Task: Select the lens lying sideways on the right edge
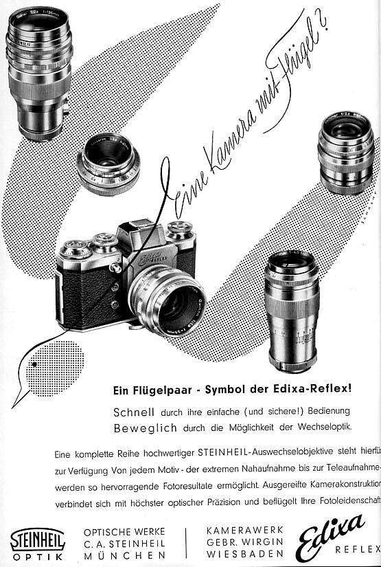[x=346, y=155]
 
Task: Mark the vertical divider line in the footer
[x=186, y=542]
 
